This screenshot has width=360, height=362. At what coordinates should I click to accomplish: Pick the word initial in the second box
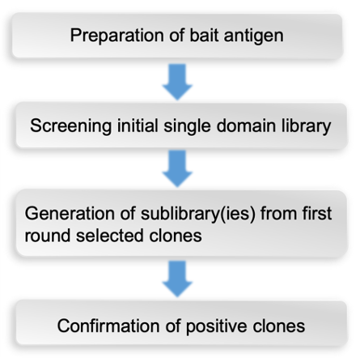tap(133, 126)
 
